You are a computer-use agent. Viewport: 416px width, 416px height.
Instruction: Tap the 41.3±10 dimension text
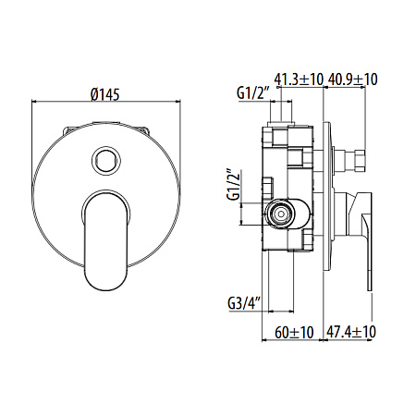click(x=300, y=81)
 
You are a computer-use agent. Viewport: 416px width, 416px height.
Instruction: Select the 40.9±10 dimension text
click(x=351, y=81)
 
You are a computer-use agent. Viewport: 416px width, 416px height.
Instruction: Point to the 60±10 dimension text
click(x=295, y=331)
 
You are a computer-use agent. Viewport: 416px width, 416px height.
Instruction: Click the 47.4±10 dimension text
click(x=351, y=331)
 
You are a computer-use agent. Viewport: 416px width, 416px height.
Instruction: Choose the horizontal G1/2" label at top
click(x=251, y=93)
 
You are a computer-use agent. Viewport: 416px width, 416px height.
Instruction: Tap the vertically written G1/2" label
click(x=234, y=186)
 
